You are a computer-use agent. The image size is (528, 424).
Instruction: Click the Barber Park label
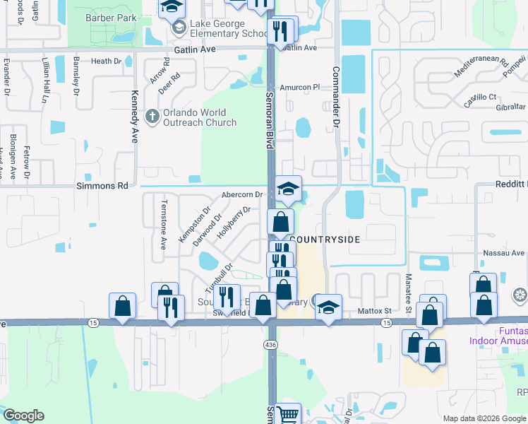click(110, 17)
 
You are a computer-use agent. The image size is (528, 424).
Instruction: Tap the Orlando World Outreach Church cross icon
click(151, 116)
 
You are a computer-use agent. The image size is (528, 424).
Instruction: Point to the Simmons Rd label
click(102, 186)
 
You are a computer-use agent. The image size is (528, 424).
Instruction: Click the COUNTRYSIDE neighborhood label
click(325, 240)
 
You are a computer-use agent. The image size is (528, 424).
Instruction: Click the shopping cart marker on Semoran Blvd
click(287, 414)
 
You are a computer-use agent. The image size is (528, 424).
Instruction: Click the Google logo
click(23, 416)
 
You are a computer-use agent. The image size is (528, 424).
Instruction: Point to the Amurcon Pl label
click(300, 87)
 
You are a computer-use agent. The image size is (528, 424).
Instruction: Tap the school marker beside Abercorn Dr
click(287, 189)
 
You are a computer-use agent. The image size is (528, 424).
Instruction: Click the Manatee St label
click(408, 289)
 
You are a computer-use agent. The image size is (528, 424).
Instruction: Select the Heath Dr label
click(106, 62)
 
